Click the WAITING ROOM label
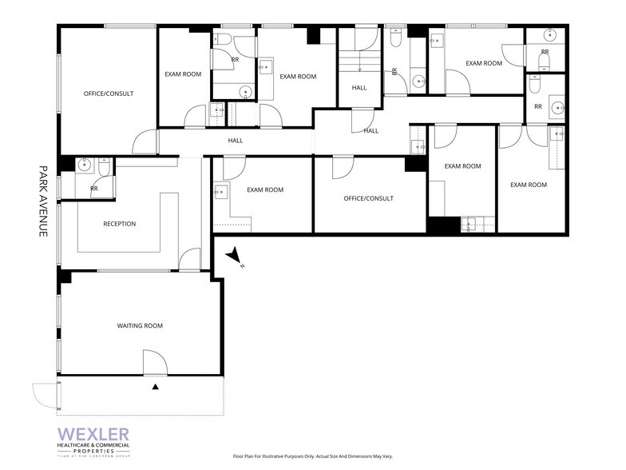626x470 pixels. pos(140,325)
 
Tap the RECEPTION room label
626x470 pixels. pos(119,224)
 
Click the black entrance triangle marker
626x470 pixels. pos(156,387)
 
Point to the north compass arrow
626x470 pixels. pos(235,257)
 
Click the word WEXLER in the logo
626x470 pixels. pos(93,433)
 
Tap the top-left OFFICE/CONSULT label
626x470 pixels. pos(109,94)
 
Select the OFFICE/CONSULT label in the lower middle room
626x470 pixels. pos(368,198)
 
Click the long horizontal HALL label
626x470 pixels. pos(235,141)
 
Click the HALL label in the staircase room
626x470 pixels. pos(359,87)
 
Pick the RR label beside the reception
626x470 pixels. pos(94,189)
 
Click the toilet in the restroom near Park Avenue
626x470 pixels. pos(105,169)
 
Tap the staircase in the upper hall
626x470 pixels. pos(359,63)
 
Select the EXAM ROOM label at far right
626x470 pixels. pos(528,185)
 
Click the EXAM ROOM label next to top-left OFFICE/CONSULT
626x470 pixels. pos(183,74)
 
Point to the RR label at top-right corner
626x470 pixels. pos(545,52)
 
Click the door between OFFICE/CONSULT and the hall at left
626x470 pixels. pos(145,142)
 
